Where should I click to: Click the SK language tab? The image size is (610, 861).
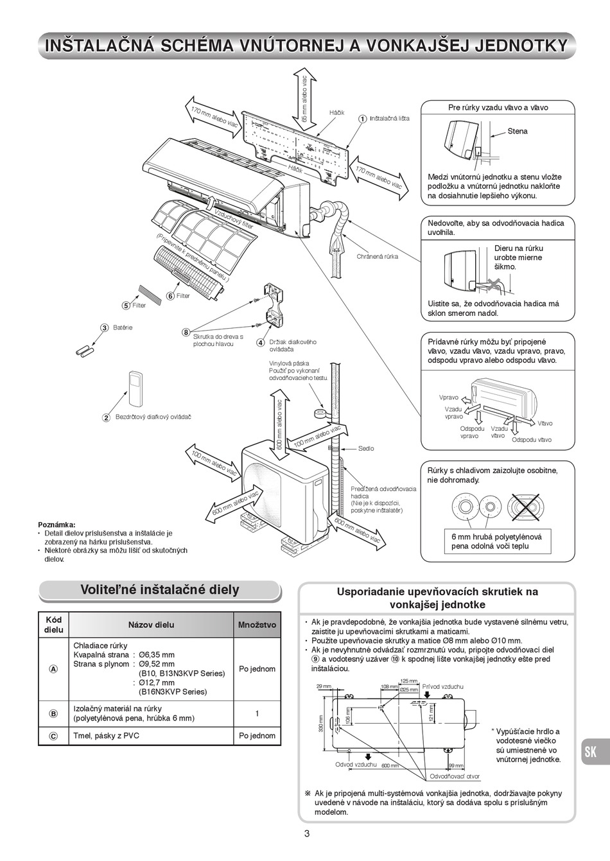(590, 752)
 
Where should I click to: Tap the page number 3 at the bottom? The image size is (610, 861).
(306, 833)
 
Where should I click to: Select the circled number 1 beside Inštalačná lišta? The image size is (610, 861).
(362, 119)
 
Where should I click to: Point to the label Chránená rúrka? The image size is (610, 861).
(378, 256)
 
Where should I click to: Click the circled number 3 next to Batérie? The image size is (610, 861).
(104, 327)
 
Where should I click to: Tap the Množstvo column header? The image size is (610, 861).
(257, 624)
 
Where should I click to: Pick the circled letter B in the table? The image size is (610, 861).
(53, 713)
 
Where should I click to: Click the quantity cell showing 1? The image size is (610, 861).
(257, 713)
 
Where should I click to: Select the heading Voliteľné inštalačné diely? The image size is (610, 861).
(159, 589)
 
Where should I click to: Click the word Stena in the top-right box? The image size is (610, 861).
(518, 131)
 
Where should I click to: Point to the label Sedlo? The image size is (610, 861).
(366, 448)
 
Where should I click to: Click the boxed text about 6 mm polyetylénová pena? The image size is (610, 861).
(496, 541)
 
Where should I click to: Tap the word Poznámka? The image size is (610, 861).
(57, 524)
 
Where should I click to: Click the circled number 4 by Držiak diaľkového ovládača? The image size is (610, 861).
(261, 342)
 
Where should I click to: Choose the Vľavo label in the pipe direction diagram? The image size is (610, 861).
(545, 423)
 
